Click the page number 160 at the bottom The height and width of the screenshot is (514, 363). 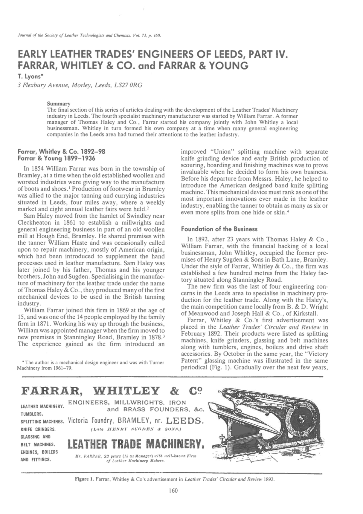tap(173, 490)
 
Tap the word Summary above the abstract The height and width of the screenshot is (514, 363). tap(59, 104)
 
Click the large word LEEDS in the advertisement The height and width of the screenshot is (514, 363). tap(185, 422)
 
